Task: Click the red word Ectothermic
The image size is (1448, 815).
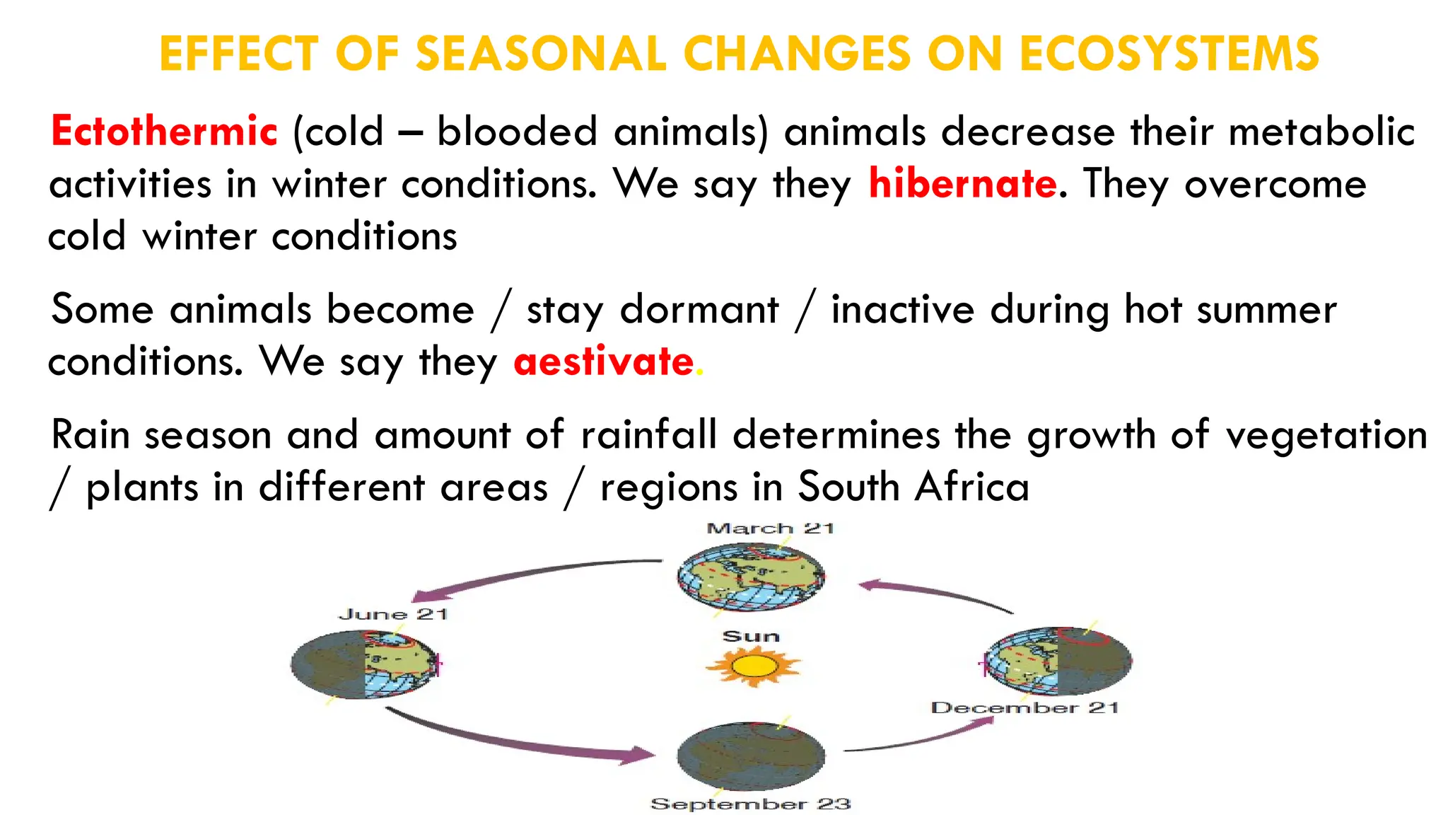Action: point(164,132)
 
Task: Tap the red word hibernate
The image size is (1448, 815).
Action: point(962,184)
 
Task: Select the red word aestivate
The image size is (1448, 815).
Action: point(604,362)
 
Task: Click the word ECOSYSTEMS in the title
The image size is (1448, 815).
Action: point(1169,54)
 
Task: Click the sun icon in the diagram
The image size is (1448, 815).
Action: point(753,666)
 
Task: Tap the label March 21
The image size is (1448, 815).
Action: point(771,528)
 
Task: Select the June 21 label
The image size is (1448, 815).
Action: point(393,614)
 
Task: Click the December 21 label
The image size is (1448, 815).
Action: point(1024,707)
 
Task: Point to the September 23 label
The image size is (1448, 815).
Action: point(750,804)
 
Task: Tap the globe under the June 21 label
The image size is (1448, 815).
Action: point(365,664)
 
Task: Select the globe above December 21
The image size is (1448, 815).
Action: point(1058,661)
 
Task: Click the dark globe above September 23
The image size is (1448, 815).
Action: point(751,756)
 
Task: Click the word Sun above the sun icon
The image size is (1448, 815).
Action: point(751,636)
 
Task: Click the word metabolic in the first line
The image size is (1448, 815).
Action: point(1321,132)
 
